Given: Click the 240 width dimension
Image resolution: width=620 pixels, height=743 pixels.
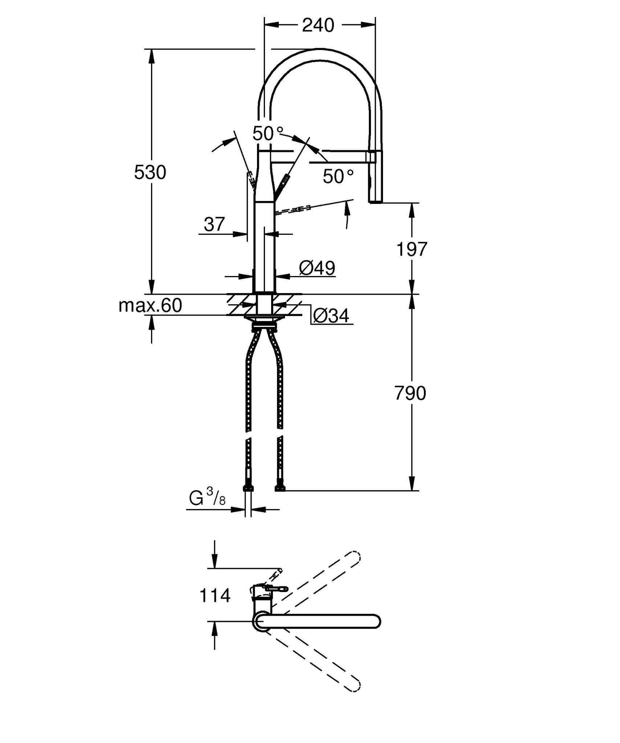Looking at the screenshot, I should click(x=318, y=25).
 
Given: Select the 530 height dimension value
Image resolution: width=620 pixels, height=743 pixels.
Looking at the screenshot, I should click(x=150, y=172).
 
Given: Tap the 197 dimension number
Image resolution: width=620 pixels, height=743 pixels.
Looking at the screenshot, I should click(x=412, y=250).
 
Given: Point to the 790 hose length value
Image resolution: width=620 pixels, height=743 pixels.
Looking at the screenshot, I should click(x=410, y=393).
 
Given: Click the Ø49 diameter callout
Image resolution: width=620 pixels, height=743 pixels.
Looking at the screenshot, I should click(x=317, y=268).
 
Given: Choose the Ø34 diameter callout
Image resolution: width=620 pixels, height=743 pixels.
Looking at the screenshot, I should click(x=331, y=316).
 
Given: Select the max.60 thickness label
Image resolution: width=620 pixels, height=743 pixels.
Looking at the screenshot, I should click(x=150, y=305).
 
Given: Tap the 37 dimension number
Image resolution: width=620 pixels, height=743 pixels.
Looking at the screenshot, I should click(x=214, y=224).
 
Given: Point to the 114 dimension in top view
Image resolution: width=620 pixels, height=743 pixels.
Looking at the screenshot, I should click(x=215, y=596).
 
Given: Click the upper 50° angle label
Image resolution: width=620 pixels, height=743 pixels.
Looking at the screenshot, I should click(x=268, y=134).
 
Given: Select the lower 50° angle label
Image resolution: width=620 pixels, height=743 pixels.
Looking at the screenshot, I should click(x=338, y=177).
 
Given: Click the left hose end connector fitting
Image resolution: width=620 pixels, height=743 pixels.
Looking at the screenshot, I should click(x=248, y=487).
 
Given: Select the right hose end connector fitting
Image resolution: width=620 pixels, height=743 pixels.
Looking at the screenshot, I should click(x=280, y=487).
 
